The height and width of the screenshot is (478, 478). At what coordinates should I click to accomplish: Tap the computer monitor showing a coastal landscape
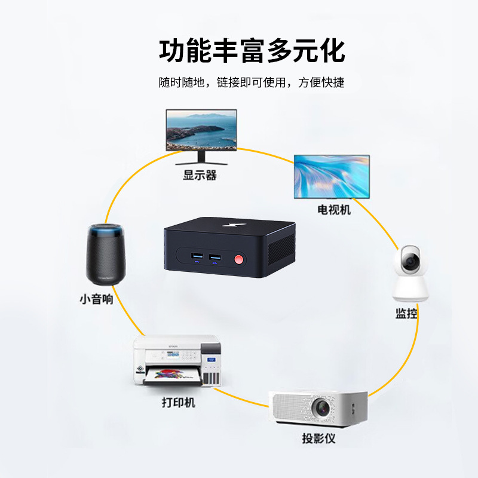(201, 130)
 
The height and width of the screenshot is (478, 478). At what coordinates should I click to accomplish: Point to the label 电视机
(334, 210)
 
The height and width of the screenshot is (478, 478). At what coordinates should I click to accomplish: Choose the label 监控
(406, 314)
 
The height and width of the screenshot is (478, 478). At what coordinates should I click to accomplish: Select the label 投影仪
(318, 439)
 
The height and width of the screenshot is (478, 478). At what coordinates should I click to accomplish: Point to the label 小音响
(96, 299)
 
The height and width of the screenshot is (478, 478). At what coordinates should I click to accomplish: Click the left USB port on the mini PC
(197, 258)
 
